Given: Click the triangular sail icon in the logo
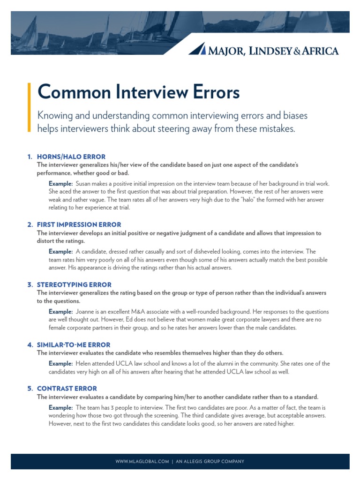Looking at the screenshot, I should point(200,49).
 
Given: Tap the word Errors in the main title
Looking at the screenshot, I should point(212,92).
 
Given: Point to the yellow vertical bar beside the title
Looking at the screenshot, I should point(29,107).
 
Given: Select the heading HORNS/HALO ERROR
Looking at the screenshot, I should point(71,157).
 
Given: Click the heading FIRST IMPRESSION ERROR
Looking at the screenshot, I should point(79,225).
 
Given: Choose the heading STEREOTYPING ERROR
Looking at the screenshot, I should point(74,285).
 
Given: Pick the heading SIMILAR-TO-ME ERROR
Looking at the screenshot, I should point(74,345).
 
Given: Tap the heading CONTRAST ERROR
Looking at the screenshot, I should point(67,389).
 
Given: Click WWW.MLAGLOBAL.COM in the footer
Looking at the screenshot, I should point(142,462).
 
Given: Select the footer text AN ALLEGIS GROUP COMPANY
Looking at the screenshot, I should point(210,462).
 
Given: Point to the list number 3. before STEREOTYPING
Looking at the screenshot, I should point(30,285).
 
